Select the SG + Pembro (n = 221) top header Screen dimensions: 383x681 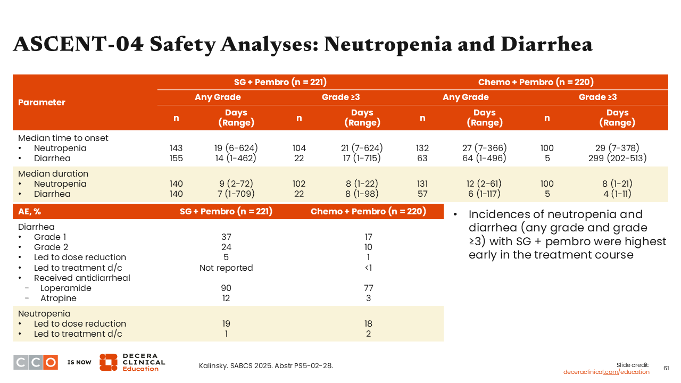pyautogui.click(x=280, y=82)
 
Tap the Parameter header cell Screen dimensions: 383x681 pyautogui.click(x=41, y=102)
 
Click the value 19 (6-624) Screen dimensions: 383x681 pyautogui.click(x=236, y=148)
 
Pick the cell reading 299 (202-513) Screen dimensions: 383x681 pyautogui.click(x=617, y=158)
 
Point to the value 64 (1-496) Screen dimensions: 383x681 pyautogui.click(x=484, y=158)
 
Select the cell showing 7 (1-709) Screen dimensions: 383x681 pyautogui.click(x=236, y=194)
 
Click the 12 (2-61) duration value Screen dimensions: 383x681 pyautogui.click(x=484, y=184)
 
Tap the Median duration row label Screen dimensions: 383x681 pyautogui.click(x=53, y=173)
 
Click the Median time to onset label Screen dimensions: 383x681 pyautogui.click(x=63, y=138)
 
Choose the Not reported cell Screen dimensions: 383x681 pyautogui.click(x=226, y=268)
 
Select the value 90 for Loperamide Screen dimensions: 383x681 pyautogui.click(x=226, y=288)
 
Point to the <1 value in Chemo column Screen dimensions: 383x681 pyautogui.click(x=368, y=268)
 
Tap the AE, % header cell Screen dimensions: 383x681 pyautogui.click(x=30, y=211)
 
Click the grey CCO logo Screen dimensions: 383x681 pyautogui.click(x=36, y=362)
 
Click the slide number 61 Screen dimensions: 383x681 pyautogui.click(x=666, y=368)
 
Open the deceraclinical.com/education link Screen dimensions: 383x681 pyautogui.click(x=607, y=372)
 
